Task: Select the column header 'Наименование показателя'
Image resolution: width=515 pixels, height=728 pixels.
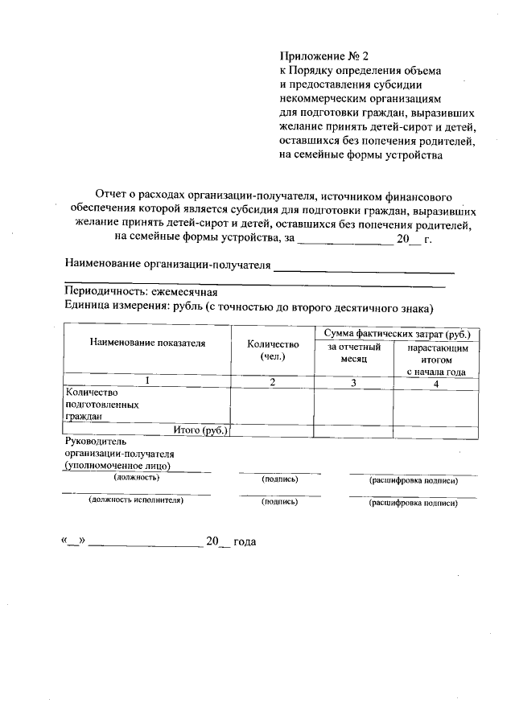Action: point(147,343)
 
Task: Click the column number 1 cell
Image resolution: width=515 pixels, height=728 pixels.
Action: point(147,381)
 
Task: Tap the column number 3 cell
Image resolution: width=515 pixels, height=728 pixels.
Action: point(352,381)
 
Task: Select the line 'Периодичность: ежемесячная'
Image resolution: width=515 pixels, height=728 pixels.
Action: point(141,293)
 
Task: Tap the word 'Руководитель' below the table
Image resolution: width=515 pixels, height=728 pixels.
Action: point(95,442)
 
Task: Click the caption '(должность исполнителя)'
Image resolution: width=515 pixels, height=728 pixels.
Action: point(136,501)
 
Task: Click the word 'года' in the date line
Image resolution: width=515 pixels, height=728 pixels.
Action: point(245,542)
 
